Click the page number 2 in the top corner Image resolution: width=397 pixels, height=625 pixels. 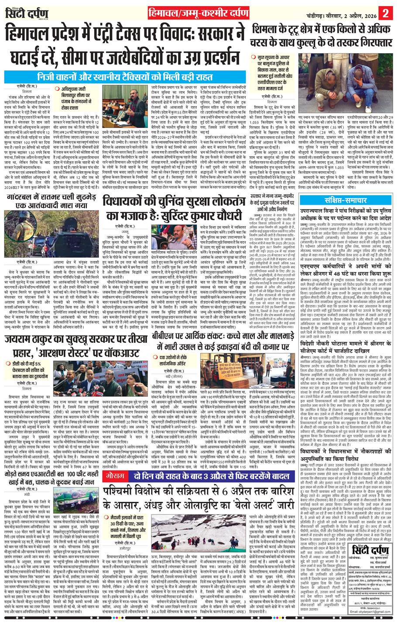pyautogui.click(x=385, y=10)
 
